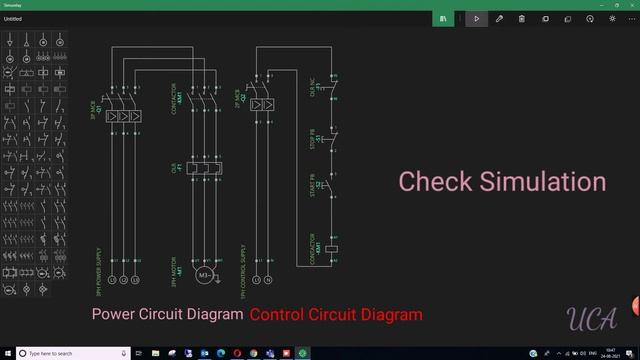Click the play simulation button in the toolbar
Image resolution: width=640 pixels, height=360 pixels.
(x=477, y=18)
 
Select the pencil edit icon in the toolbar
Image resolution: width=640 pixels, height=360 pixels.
(x=499, y=18)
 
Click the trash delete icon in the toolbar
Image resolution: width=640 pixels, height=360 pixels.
(x=521, y=18)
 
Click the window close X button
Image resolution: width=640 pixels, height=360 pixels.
(x=628, y=5)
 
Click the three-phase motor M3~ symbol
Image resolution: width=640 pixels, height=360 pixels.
(x=205, y=275)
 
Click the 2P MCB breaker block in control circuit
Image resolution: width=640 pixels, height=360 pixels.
(x=262, y=106)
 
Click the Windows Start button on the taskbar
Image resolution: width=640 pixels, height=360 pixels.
(x=7, y=353)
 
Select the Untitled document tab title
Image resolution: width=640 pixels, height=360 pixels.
(x=13, y=18)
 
